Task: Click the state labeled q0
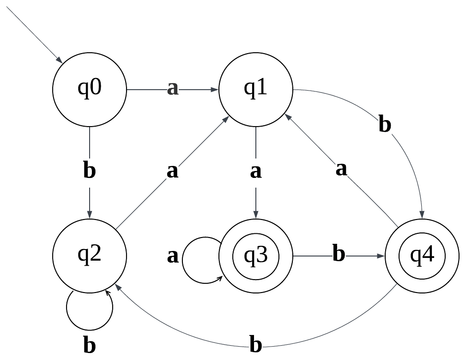tap(89, 89)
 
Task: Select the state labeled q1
tap(255, 89)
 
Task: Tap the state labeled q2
tap(89, 256)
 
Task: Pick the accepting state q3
tap(255, 256)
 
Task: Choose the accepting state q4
tap(422, 256)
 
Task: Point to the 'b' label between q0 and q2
tap(89, 171)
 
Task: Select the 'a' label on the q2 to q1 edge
tap(172, 171)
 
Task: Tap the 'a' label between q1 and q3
tap(255, 171)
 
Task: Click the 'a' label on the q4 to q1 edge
tap(341, 169)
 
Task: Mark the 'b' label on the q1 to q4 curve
tap(384, 125)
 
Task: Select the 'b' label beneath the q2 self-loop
tap(89, 345)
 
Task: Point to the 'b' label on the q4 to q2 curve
tap(255, 345)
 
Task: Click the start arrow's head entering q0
tap(59, 60)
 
